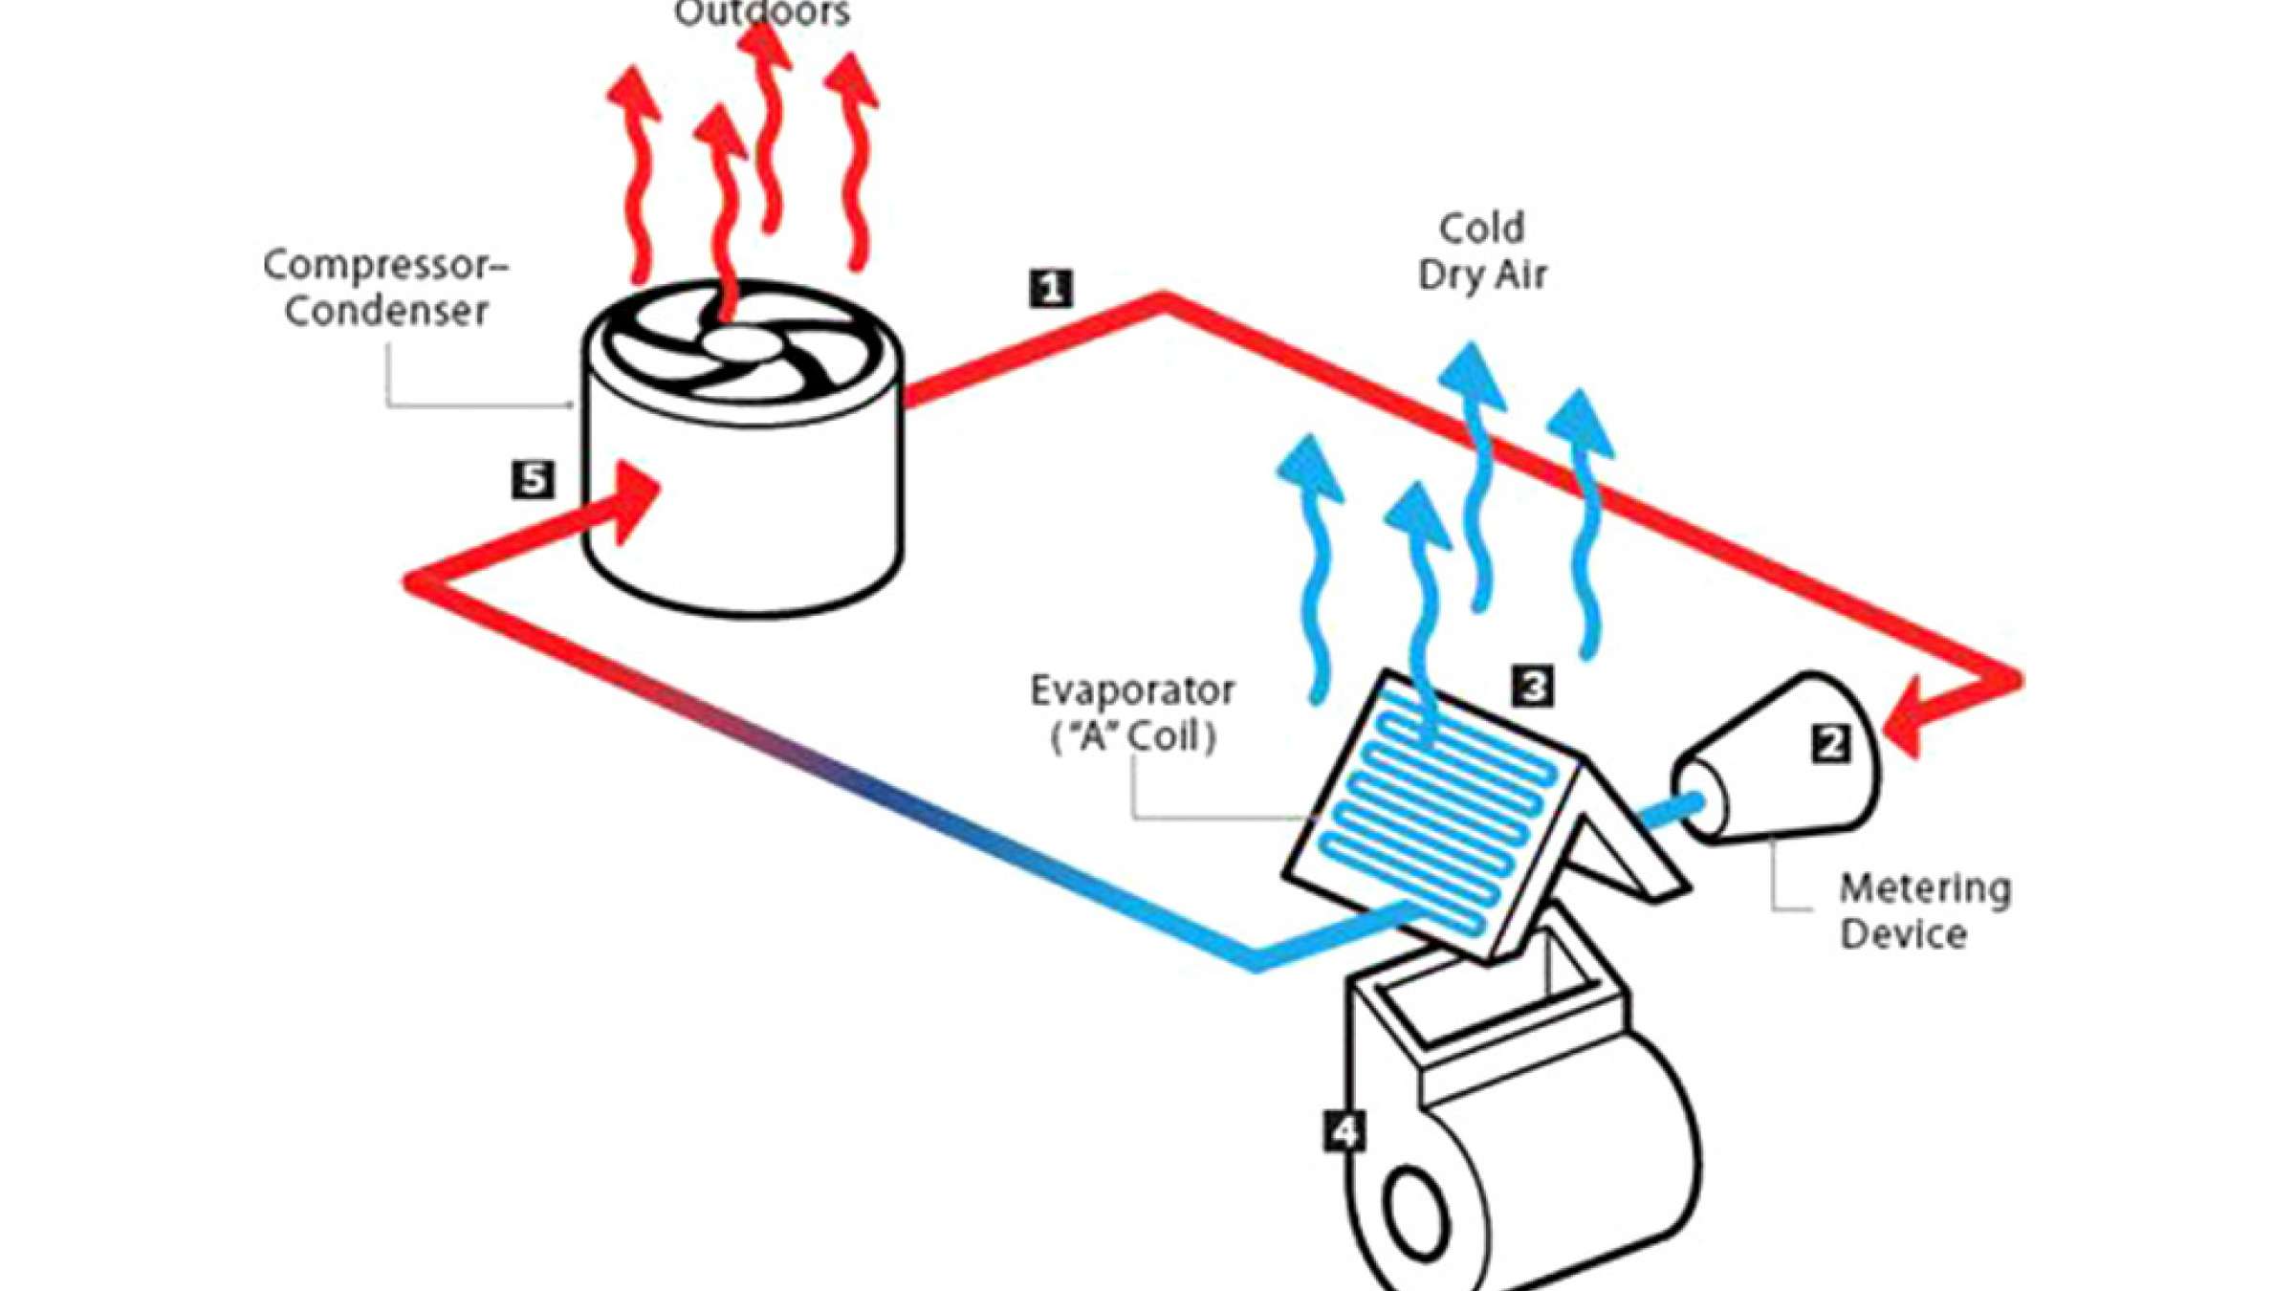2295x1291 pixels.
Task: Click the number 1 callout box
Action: coord(1051,288)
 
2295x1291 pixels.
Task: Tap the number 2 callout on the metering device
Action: coord(1830,743)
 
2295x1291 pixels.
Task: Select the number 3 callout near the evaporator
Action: coord(1533,686)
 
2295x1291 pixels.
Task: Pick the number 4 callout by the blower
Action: coord(1344,1131)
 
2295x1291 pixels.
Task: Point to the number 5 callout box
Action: coord(533,479)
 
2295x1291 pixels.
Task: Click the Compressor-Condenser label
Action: coord(385,287)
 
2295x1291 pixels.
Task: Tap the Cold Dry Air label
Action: coord(1481,252)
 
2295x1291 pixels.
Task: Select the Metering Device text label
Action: coord(1924,910)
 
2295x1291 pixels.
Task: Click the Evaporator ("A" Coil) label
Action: coord(1132,713)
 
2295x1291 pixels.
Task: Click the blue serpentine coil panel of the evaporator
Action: coord(1434,813)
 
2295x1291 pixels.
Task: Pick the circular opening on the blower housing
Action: coord(1416,1210)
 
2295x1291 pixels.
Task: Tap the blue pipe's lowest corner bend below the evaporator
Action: coord(1256,961)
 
